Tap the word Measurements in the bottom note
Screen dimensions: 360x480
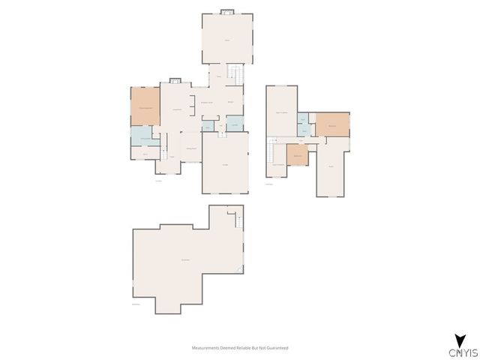coord(206,348)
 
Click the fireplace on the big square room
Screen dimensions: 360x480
coord(227,11)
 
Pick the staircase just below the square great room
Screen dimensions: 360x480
coord(236,74)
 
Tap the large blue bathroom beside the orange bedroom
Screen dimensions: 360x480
coord(142,136)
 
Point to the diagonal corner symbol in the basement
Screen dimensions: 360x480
coord(239,269)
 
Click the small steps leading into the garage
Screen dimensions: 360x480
coord(221,135)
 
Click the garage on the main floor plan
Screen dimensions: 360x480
coord(225,163)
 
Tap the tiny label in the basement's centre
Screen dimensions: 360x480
coord(185,259)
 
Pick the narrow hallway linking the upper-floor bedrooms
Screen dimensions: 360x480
coord(300,140)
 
